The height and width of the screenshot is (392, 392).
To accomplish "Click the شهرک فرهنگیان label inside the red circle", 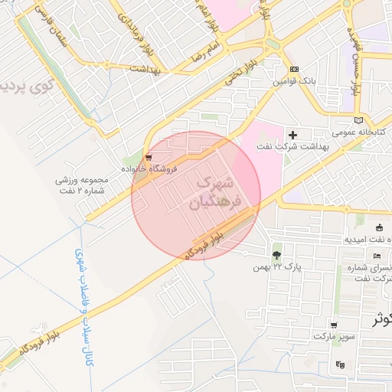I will point(219,193).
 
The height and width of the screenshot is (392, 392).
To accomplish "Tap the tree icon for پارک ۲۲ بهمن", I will point(276,254).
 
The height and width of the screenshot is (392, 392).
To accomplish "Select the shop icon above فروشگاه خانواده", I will point(148,156).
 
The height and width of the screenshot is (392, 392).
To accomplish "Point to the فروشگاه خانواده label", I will point(150,168).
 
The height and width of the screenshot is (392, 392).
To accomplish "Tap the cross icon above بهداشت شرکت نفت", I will point(292,135).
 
